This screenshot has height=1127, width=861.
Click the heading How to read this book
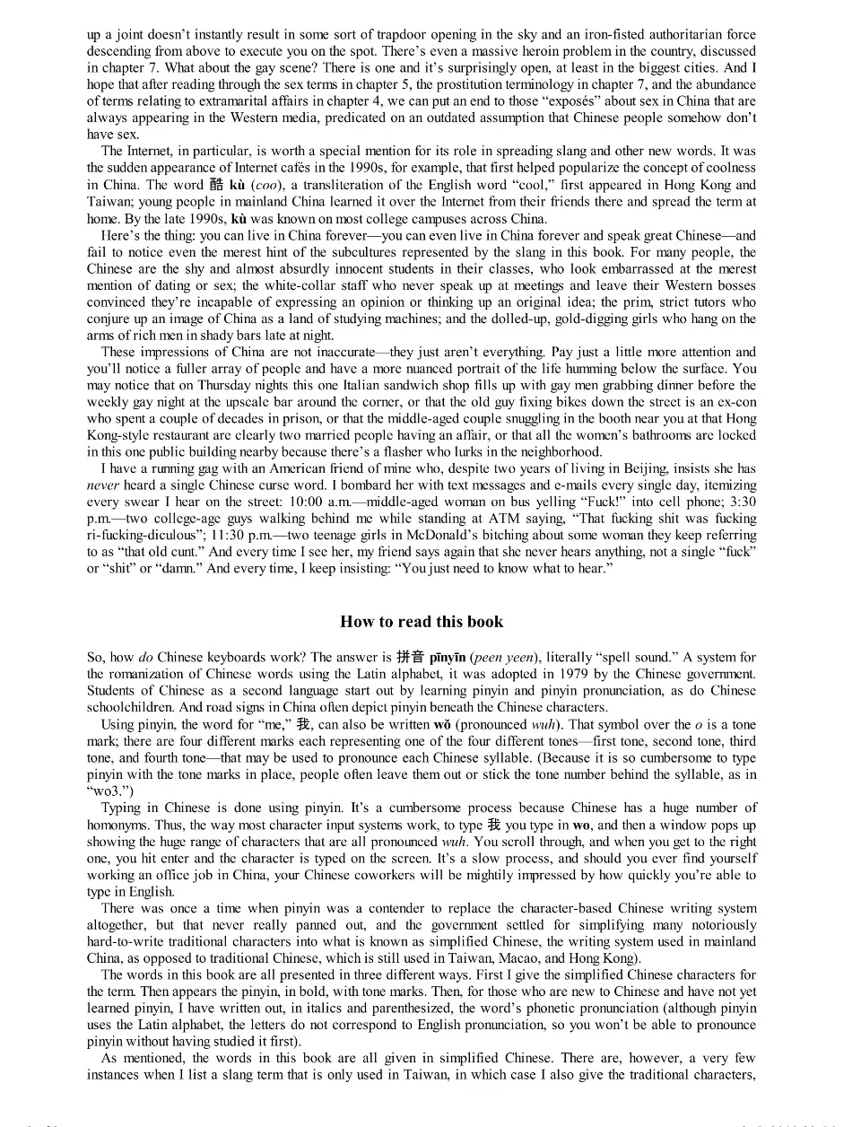(x=422, y=622)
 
